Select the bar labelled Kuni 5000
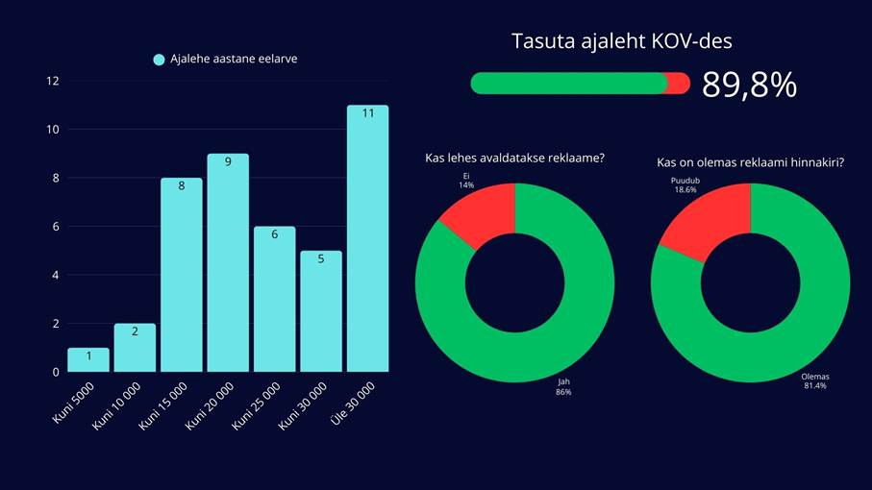[88, 360]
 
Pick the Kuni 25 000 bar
[274, 299]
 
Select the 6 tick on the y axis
[56, 227]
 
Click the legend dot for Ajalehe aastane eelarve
[160, 60]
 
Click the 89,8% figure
[749, 85]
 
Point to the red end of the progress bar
[680, 84]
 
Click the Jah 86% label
[563, 386]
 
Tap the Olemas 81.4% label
[814, 380]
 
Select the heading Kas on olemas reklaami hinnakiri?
[750, 162]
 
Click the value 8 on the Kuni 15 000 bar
[181, 186]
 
